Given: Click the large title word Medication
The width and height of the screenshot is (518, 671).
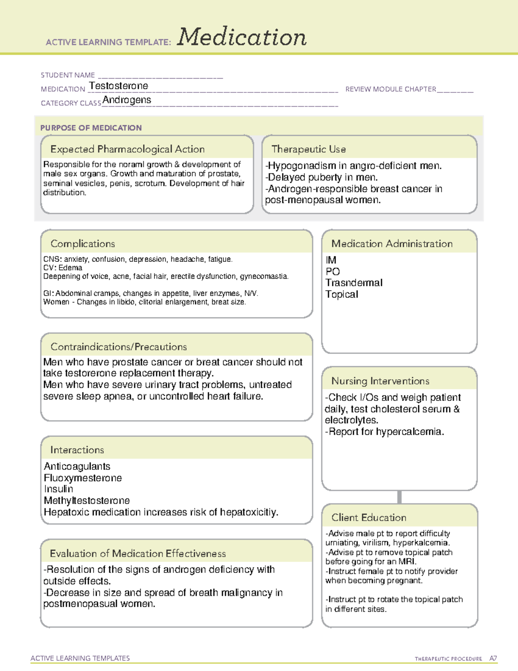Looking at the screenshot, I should tap(242, 37).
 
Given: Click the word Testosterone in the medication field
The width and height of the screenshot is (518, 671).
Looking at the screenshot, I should tap(119, 86).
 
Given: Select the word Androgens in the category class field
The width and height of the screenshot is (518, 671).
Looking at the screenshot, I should tap(127, 100).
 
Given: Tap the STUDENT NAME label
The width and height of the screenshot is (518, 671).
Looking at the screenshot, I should tap(68, 75).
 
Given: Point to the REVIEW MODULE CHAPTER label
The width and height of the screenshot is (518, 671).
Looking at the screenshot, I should tap(391, 89).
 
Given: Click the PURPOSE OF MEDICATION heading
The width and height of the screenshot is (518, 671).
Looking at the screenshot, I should tap(91, 128).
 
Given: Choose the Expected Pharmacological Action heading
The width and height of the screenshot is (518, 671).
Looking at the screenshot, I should tap(127, 149).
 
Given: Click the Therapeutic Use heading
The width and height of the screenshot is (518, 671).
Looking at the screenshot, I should tap(309, 149).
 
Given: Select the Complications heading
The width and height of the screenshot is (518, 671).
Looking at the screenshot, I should tap(83, 244).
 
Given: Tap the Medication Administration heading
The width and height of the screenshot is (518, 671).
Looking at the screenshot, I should tap(392, 244).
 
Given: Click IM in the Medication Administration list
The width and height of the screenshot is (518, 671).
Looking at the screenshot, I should tap(331, 260).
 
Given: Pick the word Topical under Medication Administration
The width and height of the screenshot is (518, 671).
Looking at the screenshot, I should tap(342, 294).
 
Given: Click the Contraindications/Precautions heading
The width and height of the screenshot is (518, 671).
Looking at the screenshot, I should tap(119, 347).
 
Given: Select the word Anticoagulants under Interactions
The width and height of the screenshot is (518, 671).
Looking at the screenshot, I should tap(77, 467).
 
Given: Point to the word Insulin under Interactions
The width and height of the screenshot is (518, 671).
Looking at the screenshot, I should tap(59, 489).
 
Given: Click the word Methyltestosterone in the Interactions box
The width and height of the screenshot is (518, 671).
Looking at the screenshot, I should tap(87, 501).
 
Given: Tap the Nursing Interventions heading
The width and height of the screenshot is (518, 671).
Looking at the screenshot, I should tap(380, 381).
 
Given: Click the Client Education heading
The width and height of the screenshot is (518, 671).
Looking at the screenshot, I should tap(369, 518).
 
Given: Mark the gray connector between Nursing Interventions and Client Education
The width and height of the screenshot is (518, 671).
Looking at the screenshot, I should tap(399, 497).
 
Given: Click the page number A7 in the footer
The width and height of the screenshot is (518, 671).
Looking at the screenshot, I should tap(493, 658).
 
